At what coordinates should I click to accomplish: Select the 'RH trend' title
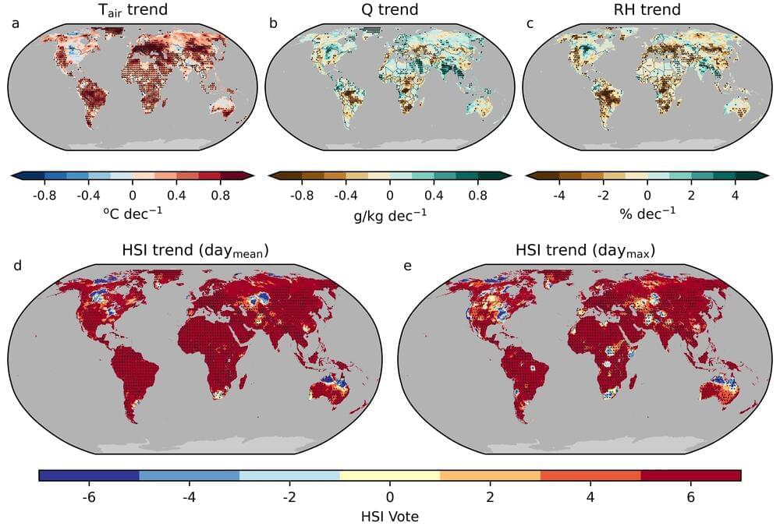[647, 10]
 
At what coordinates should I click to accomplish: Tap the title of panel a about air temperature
[132, 10]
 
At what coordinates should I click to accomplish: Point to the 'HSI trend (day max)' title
[584, 251]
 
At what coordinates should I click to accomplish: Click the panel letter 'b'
[273, 23]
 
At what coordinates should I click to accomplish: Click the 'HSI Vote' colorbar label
[389, 515]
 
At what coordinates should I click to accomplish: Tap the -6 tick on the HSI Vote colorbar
[88, 496]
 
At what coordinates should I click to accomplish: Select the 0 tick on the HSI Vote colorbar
[389, 496]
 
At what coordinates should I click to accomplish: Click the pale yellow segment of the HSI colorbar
[389, 475]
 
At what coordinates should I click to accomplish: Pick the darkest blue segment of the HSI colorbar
[88, 475]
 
